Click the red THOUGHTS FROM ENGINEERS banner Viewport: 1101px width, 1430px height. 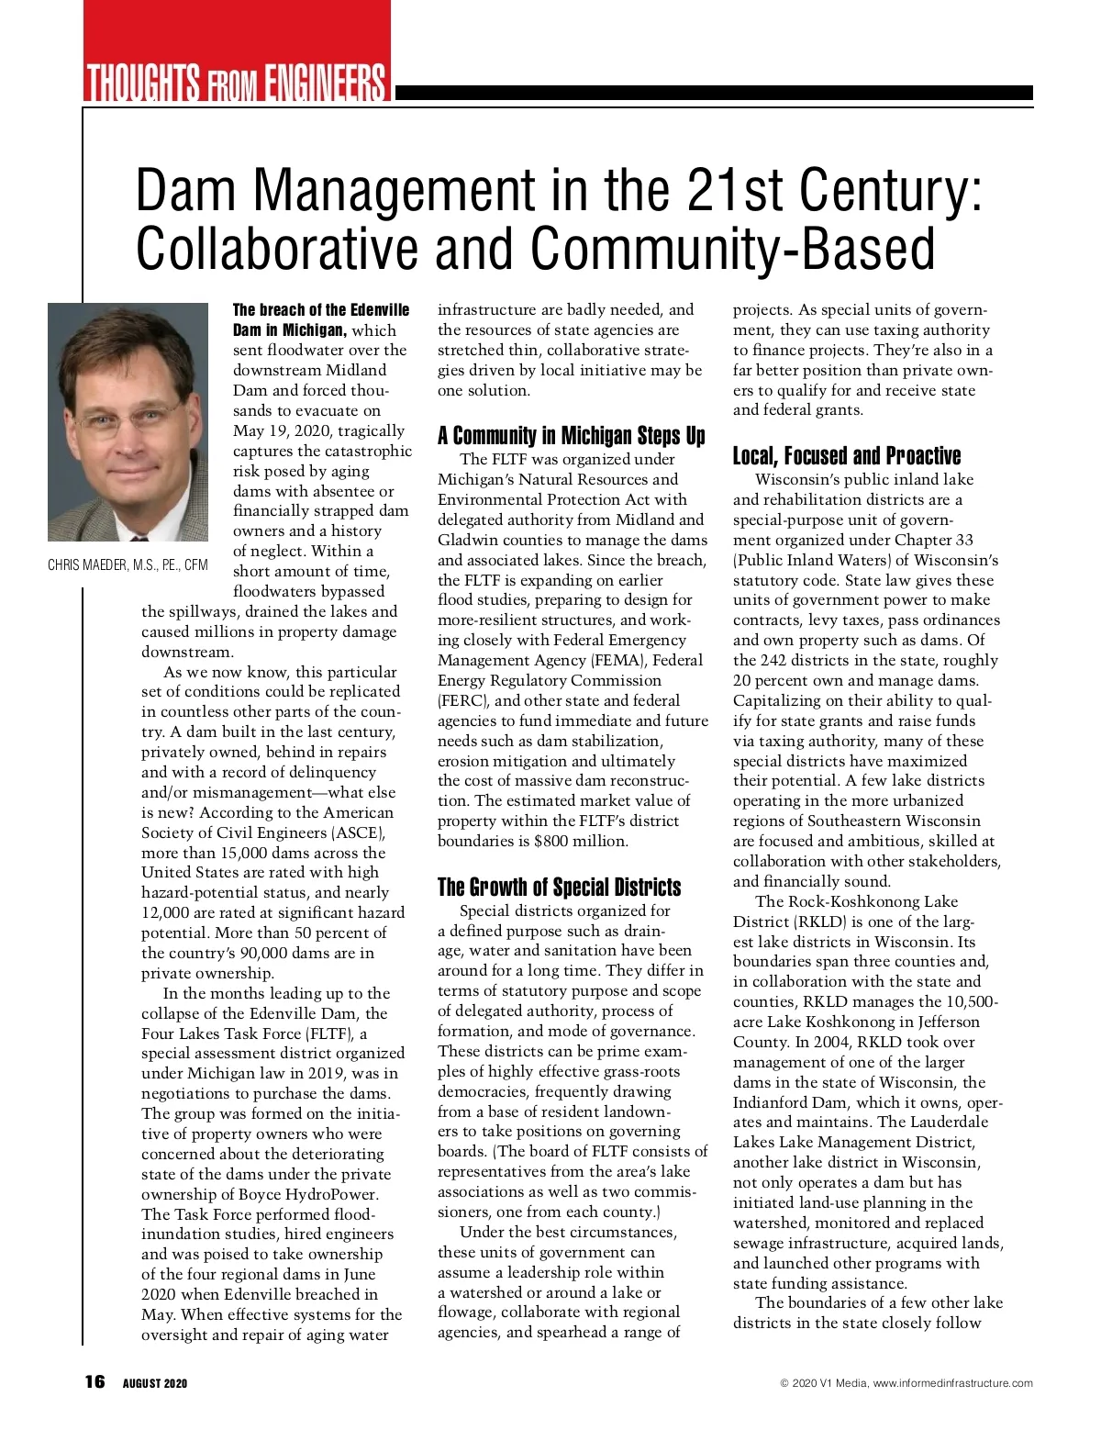(x=237, y=82)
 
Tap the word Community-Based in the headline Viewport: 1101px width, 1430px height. (x=732, y=249)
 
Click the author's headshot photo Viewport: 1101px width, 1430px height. (x=128, y=422)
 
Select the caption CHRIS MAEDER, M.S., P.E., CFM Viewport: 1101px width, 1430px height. (x=128, y=565)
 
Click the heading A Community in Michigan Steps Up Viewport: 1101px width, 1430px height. (x=571, y=435)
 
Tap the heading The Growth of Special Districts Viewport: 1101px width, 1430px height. (x=559, y=887)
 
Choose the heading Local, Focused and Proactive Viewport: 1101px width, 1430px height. (x=846, y=456)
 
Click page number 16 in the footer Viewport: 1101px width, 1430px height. (x=95, y=1382)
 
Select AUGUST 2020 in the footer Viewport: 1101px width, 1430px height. (x=155, y=1383)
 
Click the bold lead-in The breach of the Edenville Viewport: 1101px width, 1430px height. (x=321, y=310)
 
